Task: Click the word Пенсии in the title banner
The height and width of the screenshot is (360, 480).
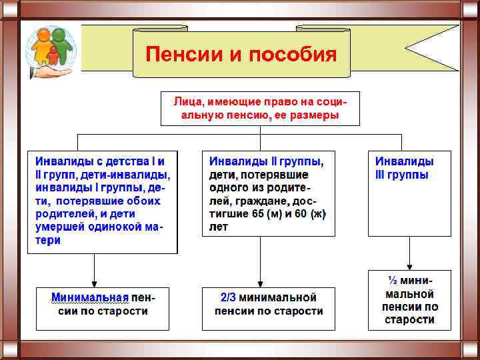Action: tap(184, 54)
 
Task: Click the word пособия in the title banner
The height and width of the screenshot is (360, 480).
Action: tap(293, 54)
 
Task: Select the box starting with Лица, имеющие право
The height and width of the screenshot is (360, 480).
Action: tap(260, 109)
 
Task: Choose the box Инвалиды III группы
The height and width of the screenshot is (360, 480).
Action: tap(410, 193)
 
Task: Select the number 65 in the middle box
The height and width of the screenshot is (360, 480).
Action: tap(261, 214)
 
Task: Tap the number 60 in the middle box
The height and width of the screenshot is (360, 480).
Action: tap(301, 214)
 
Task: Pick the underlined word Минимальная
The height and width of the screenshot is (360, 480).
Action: tap(90, 297)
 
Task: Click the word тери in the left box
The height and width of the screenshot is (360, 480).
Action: tap(48, 240)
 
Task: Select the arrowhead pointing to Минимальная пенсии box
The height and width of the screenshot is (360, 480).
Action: tap(95, 283)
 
